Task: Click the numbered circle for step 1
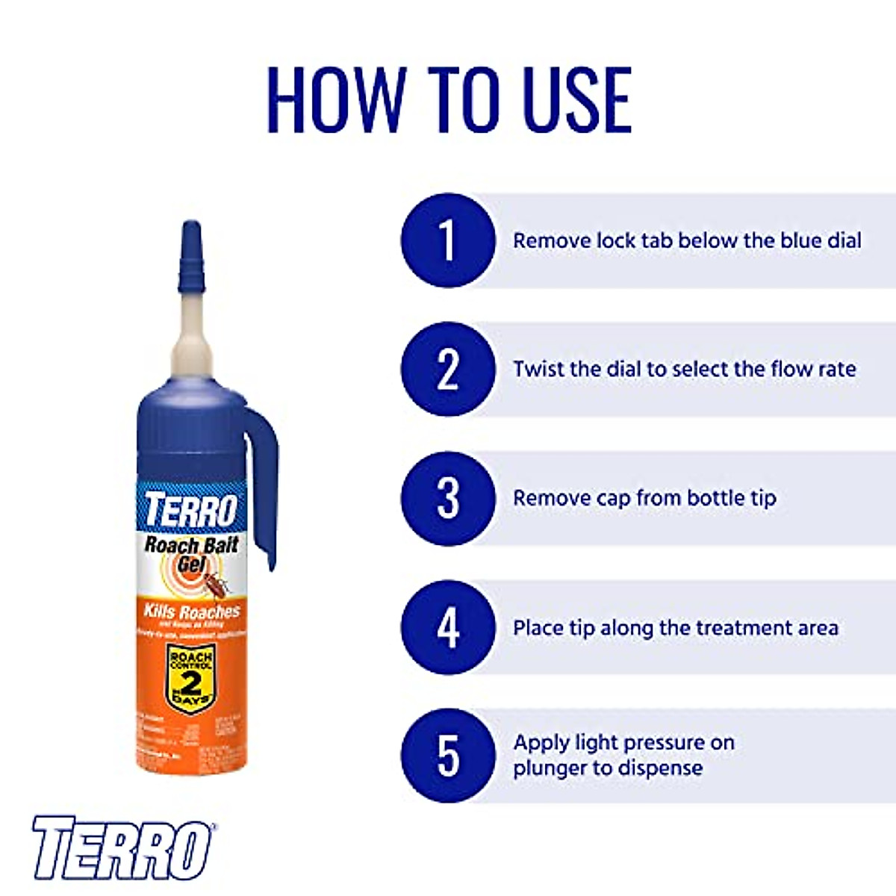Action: [x=447, y=240]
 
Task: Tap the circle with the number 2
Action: [x=447, y=369]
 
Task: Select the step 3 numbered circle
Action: [x=447, y=498]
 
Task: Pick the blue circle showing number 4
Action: [x=447, y=627]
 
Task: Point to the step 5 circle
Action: [x=447, y=756]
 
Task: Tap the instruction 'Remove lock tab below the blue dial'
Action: [x=687, y=240]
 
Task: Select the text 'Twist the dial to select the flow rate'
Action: [x=684, y=369]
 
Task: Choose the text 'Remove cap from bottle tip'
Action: [x=644, y=498]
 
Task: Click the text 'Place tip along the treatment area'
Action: [x=675, y=627]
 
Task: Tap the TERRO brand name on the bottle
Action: [x=190, y=510]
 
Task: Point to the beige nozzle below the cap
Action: [x=191, y=332]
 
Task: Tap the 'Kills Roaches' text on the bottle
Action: [x=191, y=612]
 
